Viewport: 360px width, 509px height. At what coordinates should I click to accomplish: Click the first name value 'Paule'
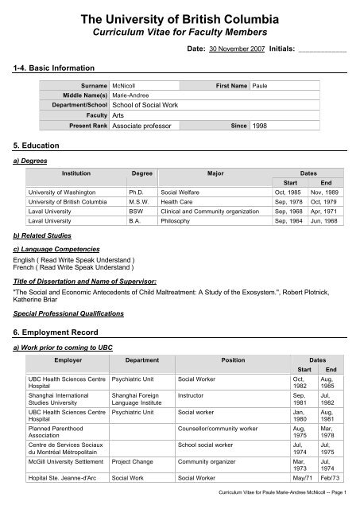pos(261,84)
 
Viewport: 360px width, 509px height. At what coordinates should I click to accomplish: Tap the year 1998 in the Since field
pos(261,126)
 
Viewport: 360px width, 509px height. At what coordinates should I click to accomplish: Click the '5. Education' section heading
pos(33,147)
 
